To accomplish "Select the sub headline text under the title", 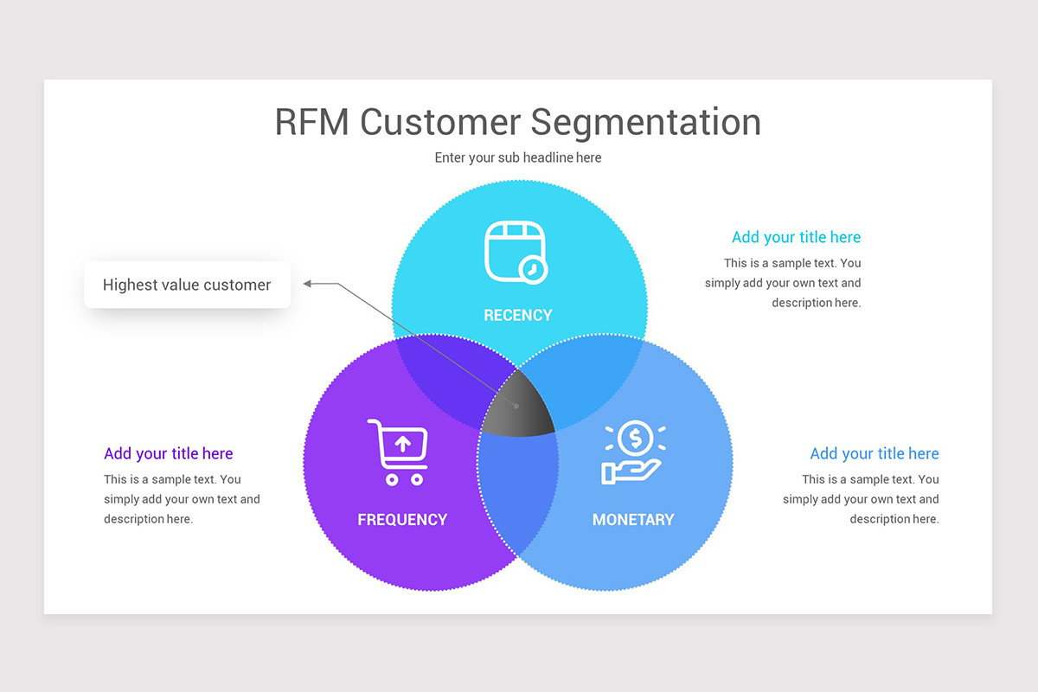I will click(x=517, y=157).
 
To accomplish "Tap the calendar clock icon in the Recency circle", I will click(x=516, y=252).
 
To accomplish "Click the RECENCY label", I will click(x=517, y=315).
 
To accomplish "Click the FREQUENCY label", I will click(x=402, y=519).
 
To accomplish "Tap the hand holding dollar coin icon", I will click(x=633, y=452).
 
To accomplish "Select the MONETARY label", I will click(x=632, y=519).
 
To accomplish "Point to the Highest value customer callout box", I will click(x=187, y=285).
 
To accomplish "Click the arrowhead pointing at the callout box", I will click(x=309, y=283).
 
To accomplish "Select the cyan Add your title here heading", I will click(x=796, y=237).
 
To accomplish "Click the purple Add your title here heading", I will click(x=169, y=453).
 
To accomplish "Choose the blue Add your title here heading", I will click(x=874, y=453).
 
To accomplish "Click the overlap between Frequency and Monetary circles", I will click(x=518, y=493).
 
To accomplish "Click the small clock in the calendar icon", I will click(x=534, y=270).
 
